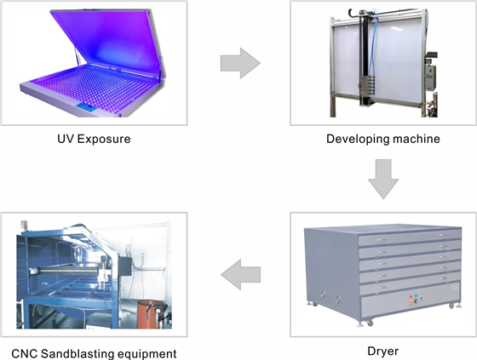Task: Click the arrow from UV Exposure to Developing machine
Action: click(240, 63)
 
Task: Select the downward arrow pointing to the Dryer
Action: click(383, 179)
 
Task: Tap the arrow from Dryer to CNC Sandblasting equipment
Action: click(240, 275)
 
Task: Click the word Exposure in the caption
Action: click(104, 140)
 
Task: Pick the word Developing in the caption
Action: click(358, 139)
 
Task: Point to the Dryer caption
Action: click(383, 351)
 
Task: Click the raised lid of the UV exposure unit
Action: click(107, 42)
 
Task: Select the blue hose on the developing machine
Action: click(373, 43)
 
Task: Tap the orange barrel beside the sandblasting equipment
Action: click(150, 314)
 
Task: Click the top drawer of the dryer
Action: click(410, 239)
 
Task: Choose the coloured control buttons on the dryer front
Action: click(415, 300)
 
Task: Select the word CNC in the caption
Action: click(25, 354)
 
